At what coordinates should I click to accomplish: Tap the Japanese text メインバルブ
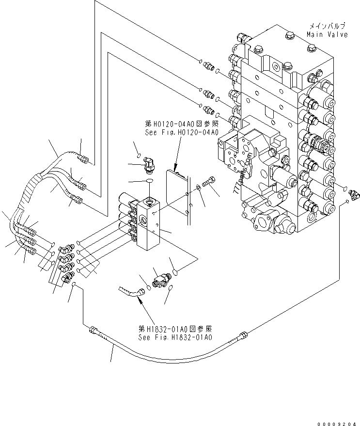328,26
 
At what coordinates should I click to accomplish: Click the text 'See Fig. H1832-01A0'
174,337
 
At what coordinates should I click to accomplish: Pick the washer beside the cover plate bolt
199,188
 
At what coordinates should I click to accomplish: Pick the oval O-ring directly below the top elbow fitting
149,181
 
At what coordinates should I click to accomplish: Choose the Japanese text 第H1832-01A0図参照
174,329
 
